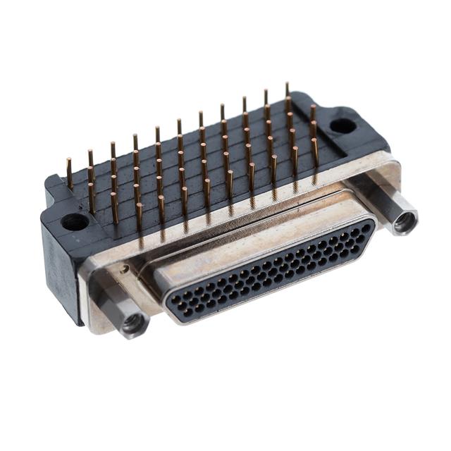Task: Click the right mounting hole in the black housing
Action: click(342, 126)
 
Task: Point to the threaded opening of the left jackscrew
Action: click(132, 324)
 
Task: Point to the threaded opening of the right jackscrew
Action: click(405, 223)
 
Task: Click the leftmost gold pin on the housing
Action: click(69, 173)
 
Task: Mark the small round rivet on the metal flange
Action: click(125, 268)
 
